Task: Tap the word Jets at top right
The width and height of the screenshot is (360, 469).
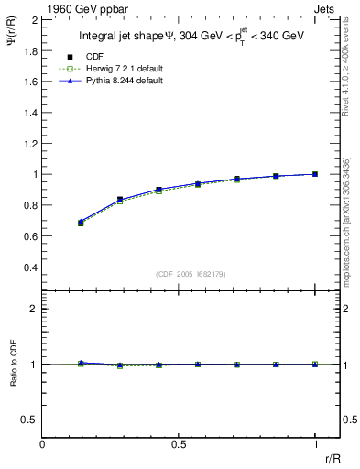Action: (326, 8)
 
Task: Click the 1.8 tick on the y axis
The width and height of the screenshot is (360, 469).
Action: (31, 50)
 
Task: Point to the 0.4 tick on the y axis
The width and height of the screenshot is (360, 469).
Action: (31, 267)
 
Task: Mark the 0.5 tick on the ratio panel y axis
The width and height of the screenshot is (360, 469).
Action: (31, 420)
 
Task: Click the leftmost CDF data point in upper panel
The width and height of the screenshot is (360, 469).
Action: (81, 223)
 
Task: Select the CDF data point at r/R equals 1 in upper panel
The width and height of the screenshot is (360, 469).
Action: (316, 174)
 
